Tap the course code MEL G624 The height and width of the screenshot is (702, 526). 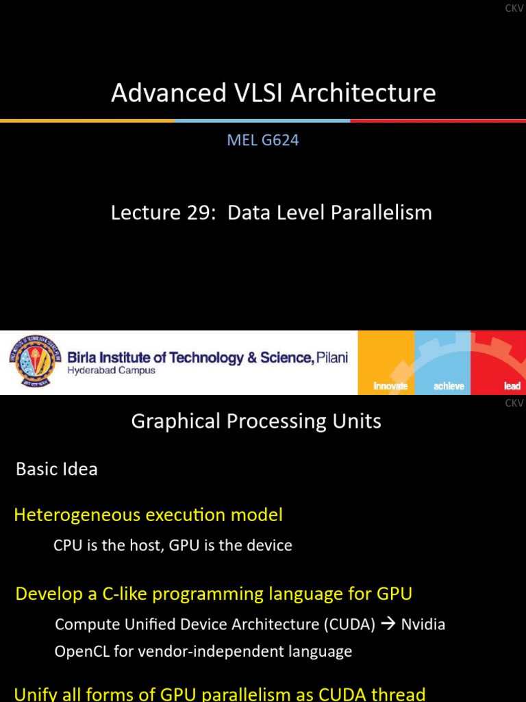point(263,141)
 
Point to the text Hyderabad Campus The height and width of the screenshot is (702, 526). point(111,371)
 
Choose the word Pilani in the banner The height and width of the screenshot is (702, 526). point(332,357)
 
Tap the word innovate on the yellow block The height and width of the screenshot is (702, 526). point(390,386)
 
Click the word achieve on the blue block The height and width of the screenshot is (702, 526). point(449,386)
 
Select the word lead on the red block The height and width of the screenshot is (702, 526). point(512,386)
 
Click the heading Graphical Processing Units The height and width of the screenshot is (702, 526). point(256,421)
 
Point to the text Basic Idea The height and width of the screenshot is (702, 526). point(57,470)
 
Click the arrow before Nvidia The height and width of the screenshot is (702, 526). point(388,625)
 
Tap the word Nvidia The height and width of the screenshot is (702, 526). point(423,625)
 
